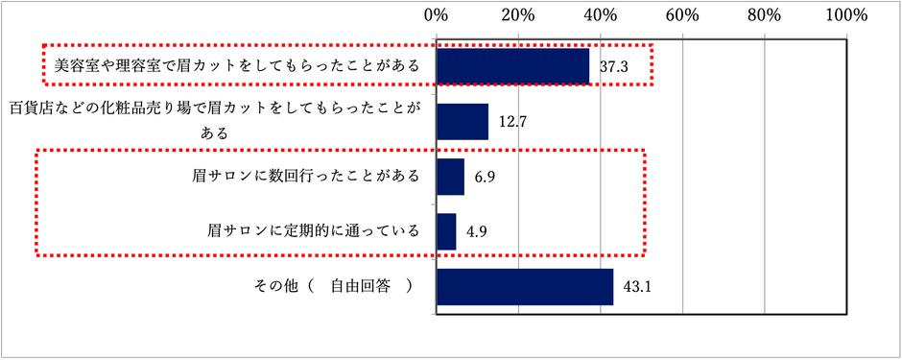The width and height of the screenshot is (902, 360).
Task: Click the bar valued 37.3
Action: tap(513, 66)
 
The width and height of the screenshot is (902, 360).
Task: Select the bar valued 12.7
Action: tap(463, 122)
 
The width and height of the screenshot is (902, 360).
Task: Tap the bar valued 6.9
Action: tap(450, 177)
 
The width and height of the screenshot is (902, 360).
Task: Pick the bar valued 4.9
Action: tap(446, 231)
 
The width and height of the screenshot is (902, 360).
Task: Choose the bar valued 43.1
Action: tap(525, 286)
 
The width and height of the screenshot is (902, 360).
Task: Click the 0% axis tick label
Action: tap(437, 15)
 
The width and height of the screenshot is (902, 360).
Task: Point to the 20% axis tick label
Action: tap(518, 15)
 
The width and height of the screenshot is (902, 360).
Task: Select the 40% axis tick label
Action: tap(601, 15)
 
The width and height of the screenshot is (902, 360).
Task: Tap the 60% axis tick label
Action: tap(682, 15)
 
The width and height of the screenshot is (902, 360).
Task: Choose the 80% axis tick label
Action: tap(765, 15)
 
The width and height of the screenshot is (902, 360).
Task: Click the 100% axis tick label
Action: tap(845, 15)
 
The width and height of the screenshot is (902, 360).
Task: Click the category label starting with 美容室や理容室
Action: tap(236, 66)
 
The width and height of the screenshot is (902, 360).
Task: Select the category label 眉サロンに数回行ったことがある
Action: tap(305, 177)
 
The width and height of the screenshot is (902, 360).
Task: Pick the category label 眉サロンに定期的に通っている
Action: tap(314, 231)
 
